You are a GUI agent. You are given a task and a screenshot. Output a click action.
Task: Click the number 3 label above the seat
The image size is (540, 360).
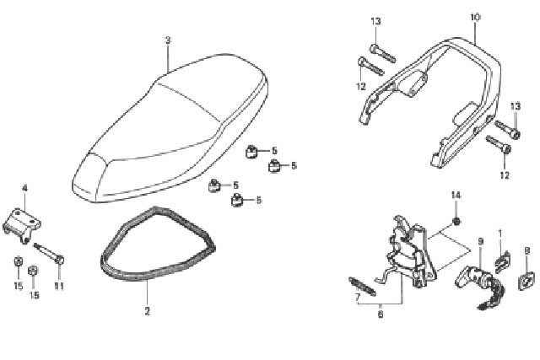168,40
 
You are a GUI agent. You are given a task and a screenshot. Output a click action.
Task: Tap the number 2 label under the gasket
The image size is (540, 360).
148,311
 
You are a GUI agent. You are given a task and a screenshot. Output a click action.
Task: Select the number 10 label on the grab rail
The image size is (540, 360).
475,17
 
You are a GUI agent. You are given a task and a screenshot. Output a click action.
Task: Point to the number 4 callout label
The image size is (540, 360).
24,188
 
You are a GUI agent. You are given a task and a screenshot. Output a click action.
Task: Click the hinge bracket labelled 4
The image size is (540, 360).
22,225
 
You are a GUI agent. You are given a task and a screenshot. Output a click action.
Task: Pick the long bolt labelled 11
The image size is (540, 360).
49,253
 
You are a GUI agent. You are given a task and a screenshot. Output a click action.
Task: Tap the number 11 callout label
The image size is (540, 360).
59,287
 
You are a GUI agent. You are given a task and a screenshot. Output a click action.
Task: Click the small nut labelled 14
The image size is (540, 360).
456,222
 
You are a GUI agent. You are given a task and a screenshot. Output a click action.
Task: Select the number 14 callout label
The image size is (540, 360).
456,196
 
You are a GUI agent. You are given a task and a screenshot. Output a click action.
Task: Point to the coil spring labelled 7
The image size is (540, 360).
362,287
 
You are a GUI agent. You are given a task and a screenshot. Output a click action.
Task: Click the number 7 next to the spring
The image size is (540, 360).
358,297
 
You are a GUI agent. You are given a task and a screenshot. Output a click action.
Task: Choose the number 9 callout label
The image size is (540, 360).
481,242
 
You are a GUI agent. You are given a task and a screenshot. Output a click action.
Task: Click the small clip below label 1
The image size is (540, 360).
502,262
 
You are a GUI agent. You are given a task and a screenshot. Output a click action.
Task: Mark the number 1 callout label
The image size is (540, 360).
500,234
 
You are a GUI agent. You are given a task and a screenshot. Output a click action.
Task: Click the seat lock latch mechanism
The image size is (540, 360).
409,253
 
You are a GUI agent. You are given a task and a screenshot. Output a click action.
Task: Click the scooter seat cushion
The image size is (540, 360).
170,128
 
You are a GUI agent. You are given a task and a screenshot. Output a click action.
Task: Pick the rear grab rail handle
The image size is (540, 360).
430,99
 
